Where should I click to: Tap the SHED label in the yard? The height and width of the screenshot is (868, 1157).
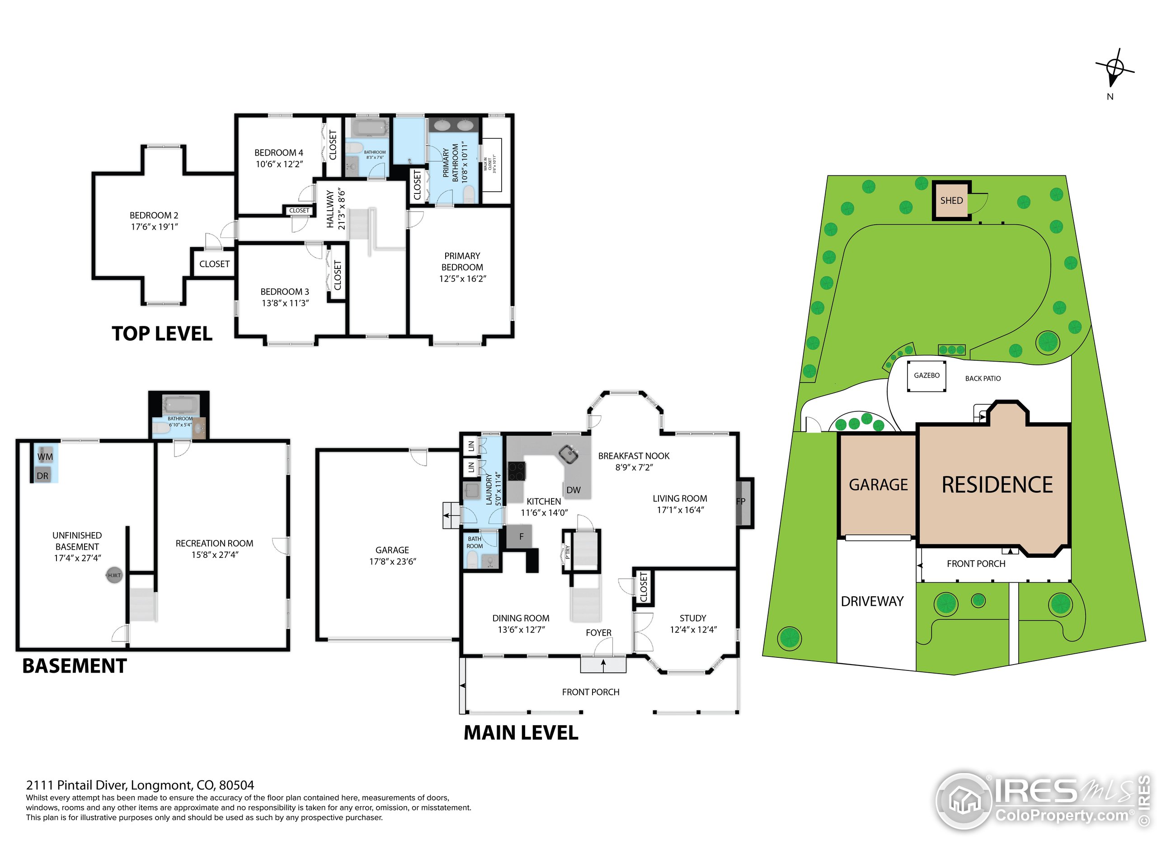click(951, 200)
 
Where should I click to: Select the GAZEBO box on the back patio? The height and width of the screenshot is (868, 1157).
click(927, 375)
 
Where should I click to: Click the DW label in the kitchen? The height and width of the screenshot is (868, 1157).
click(573, 490)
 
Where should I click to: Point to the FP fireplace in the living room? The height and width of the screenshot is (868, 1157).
click(742, 501)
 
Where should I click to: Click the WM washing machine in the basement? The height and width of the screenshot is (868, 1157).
click(45, 457)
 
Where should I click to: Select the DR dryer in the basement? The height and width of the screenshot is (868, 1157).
click(43, 476)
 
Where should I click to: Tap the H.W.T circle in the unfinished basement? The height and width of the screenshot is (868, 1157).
click(114, 575)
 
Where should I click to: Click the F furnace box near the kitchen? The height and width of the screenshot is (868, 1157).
click(521, 536)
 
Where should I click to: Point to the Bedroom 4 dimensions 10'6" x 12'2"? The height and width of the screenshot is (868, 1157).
click(279, 164)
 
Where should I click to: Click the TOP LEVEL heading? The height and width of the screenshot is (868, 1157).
click(162, 334)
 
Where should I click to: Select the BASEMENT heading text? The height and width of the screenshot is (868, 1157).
click(75, 666)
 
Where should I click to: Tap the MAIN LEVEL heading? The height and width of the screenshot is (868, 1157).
click(521, 732)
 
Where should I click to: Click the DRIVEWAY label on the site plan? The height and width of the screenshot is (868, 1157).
click(872, 601)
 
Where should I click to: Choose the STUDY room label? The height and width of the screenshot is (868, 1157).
click(692, 618)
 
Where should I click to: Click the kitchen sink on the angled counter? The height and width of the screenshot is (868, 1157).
click(569, 454)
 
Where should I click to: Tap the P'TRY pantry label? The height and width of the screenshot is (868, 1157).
click(568, 552)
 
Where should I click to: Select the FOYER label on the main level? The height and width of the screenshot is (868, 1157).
click(598, 632)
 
